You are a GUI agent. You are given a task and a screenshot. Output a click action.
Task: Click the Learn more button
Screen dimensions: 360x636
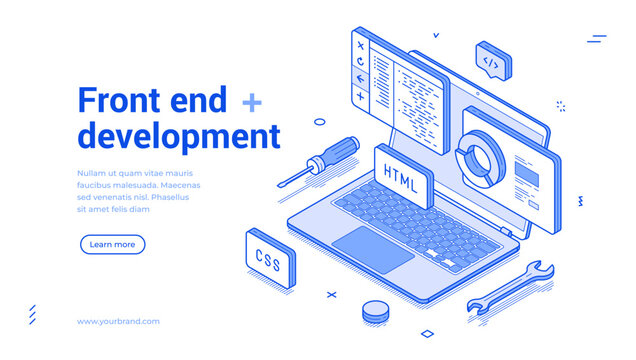pos(112,244)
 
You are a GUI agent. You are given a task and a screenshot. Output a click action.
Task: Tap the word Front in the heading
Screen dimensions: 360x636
pos(119,101)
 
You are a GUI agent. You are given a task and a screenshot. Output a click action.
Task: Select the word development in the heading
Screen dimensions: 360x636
pos(179,135)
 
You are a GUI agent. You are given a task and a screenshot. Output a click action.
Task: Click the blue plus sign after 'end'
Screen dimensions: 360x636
pos(252,101)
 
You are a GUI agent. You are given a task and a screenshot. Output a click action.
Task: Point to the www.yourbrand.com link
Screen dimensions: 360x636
pos(118,321)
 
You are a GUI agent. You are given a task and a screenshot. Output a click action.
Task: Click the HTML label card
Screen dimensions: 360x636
pos(402,173)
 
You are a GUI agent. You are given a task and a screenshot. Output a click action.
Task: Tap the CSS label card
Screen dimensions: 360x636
pos(268,258)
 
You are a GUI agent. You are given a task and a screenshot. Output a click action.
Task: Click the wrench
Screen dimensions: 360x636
pos(513,287)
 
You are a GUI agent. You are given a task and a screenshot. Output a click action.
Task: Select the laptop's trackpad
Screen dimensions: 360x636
pos(372,248)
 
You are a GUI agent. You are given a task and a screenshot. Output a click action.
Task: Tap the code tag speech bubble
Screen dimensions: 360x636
pos(491,62)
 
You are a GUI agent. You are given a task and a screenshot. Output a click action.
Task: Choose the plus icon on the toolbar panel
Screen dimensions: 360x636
pos(360,97)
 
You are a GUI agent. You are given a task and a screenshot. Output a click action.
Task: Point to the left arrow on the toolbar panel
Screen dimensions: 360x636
pos(360,80)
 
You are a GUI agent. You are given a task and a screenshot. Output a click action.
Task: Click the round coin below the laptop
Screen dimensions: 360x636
pos(376,312)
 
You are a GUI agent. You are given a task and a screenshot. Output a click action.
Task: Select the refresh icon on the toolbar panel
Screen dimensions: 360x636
pos(360,62)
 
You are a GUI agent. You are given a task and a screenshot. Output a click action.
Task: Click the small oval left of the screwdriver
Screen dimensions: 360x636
pos(320,122)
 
